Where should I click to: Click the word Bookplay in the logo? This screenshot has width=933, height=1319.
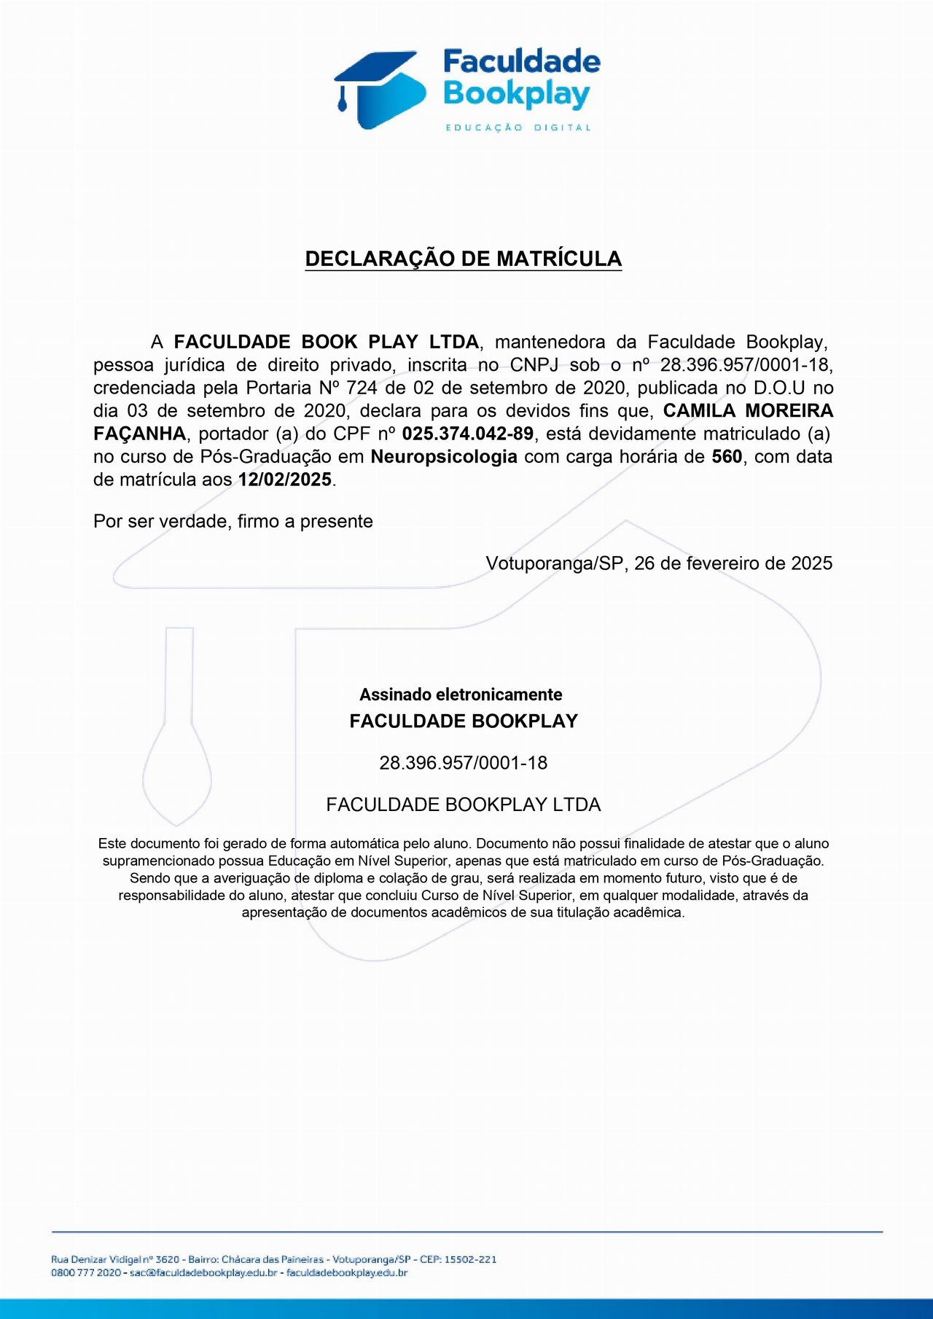click(516, 95)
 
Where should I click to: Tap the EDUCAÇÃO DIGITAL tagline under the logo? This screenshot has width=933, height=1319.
click(518, 128)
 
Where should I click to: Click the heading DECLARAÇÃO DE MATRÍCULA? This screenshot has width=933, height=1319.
click(463, 259)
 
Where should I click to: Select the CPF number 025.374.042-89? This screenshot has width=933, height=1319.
click(467, 434)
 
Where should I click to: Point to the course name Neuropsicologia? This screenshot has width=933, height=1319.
click(444, 457)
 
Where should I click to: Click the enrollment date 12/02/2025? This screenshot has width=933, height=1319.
click(285, 480)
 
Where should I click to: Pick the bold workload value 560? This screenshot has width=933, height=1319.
click(727, 457)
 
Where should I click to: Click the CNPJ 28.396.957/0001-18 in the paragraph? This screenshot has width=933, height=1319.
click(744, 364)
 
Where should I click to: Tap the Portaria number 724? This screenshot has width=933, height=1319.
click(362, 388)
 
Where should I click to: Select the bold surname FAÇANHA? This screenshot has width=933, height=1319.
click(139, 434)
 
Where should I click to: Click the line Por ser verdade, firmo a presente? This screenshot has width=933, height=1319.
click(233, 521)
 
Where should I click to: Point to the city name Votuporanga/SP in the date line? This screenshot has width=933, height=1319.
click(554, 563)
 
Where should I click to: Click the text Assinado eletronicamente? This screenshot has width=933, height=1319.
click(461, 694)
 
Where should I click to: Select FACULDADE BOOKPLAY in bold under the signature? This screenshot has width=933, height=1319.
click(463, 721)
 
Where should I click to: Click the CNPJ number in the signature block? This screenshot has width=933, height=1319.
click(463, 763)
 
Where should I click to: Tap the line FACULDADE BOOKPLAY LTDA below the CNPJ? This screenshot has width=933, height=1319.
click(463, 805)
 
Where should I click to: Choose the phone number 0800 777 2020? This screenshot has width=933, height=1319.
click(86, 1273)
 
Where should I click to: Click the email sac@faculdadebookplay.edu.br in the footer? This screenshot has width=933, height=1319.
click(203, 1273)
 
